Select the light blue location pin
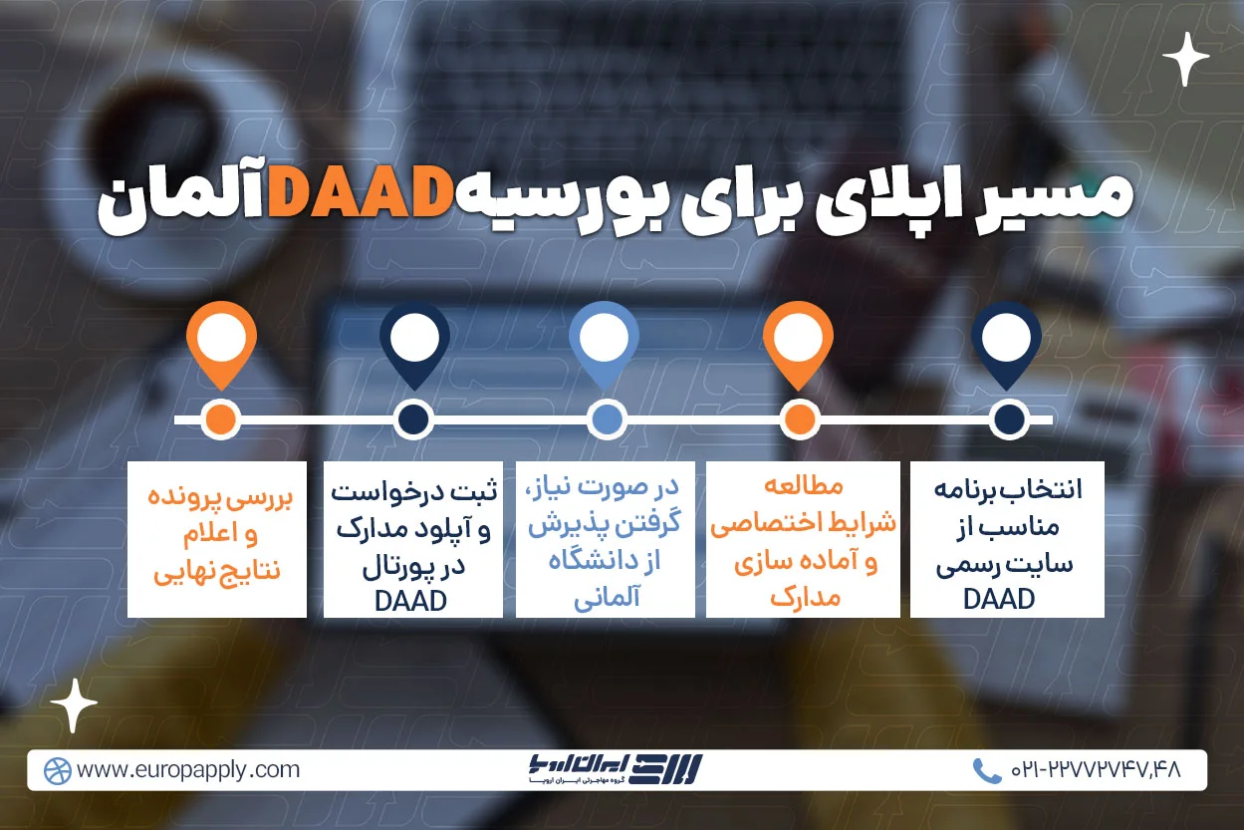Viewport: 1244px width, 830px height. (x=604, y=342)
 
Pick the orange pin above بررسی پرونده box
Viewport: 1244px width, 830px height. (x=221, y=342)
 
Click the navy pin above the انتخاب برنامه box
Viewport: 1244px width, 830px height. (x=1007, y=342)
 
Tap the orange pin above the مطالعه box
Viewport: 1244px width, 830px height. (x=798, y=342)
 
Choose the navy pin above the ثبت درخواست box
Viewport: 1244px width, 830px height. (x=414, y=342)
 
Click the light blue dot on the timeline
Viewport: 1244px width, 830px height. (x=605, y=419)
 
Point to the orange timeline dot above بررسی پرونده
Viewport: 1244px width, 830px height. (x=221, y=419)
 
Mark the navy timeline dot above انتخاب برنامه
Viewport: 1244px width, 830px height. (x=1008, y=419)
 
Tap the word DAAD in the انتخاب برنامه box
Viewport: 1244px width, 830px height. (x=1007, y=598)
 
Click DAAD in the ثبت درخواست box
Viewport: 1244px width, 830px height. (x=411, y=600)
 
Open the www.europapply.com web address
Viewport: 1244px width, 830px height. (x=187, y=770)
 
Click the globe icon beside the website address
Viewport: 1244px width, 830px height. (x=58, y=770)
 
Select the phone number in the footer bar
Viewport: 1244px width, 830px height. (x=1095, y=770)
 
